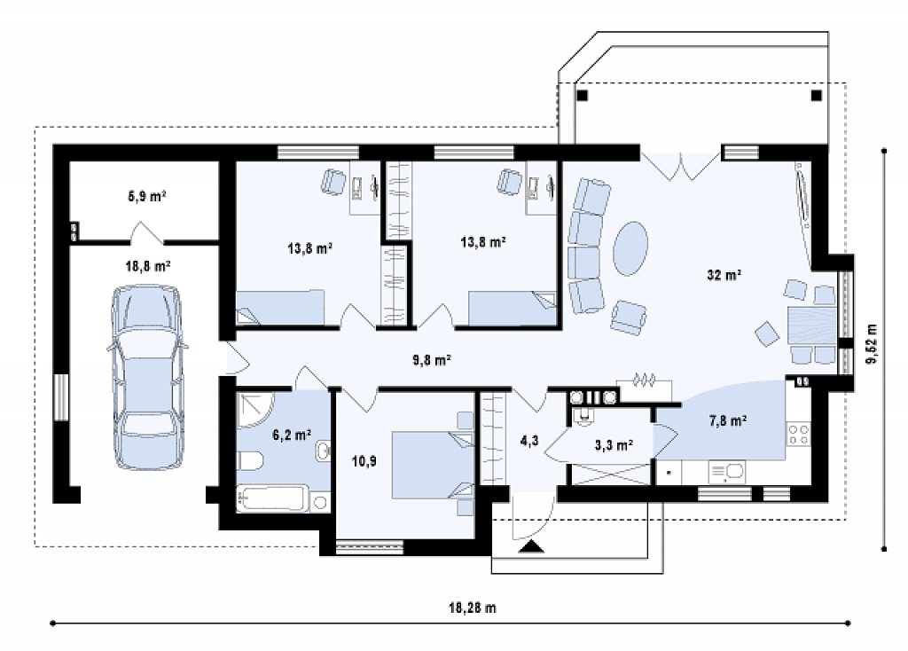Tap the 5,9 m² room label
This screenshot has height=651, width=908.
pos(147,196)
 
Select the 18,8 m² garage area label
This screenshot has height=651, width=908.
pos(148,266)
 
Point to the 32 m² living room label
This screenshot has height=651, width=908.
pos(724,275)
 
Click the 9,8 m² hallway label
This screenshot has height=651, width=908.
pos(432,360)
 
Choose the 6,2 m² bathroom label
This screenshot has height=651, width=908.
pos(292,434)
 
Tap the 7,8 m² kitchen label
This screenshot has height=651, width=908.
pos(727,421)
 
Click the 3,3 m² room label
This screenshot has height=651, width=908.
pos(614,445)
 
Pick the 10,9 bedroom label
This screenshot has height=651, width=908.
pos(364,461)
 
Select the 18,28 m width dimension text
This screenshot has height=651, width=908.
pos(473,608)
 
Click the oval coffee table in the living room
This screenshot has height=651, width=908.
pos(630,248)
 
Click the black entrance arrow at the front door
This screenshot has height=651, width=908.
pos(531,546)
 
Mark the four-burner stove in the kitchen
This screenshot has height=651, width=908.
pos(799,435)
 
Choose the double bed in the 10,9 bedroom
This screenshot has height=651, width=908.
pos(433,465)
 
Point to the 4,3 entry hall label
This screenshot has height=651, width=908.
pos(528,441)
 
